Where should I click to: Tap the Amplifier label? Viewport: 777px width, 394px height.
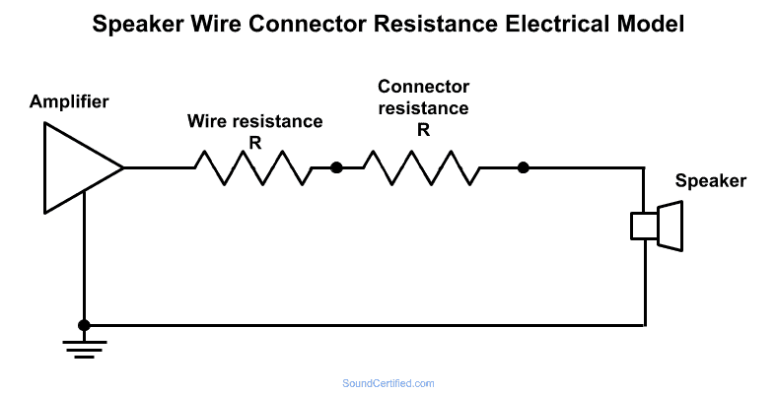pos(69,102)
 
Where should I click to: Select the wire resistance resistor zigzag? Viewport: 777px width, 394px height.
pos(252,167)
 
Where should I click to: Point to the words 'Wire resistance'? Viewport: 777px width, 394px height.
pos(255,122)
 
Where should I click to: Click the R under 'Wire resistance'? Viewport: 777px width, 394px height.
pos(255,142)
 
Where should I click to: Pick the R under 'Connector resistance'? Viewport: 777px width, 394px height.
pos(423,128)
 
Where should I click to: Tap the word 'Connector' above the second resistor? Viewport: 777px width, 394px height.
pos(423,87)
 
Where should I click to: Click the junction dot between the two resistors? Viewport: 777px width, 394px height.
pos(336,167)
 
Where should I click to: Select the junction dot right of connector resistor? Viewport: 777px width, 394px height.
pos(524,167)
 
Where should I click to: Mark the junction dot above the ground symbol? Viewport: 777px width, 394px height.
pos(84,325)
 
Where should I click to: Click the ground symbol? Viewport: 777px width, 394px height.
pos(84,348)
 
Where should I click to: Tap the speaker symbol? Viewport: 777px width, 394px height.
pos(658,226)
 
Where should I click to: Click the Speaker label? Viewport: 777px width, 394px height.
pos(710,181)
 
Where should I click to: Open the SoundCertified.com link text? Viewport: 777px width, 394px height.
pos(388,383)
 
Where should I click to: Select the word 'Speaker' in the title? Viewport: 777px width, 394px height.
pos(133,26)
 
